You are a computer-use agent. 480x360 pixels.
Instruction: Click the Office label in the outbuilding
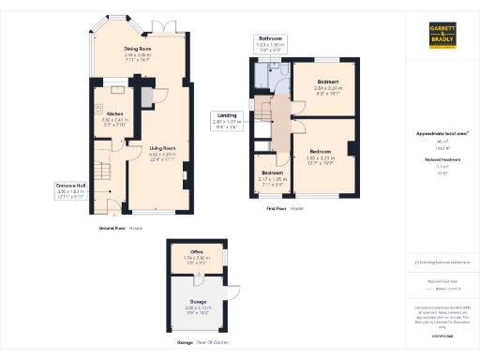coord(197,251)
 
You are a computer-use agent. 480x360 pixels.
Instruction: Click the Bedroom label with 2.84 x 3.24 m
coord(326,82)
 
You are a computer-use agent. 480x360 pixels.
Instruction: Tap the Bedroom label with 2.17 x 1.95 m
coord(272,173)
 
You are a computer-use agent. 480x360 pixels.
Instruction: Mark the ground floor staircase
coord(102,173)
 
